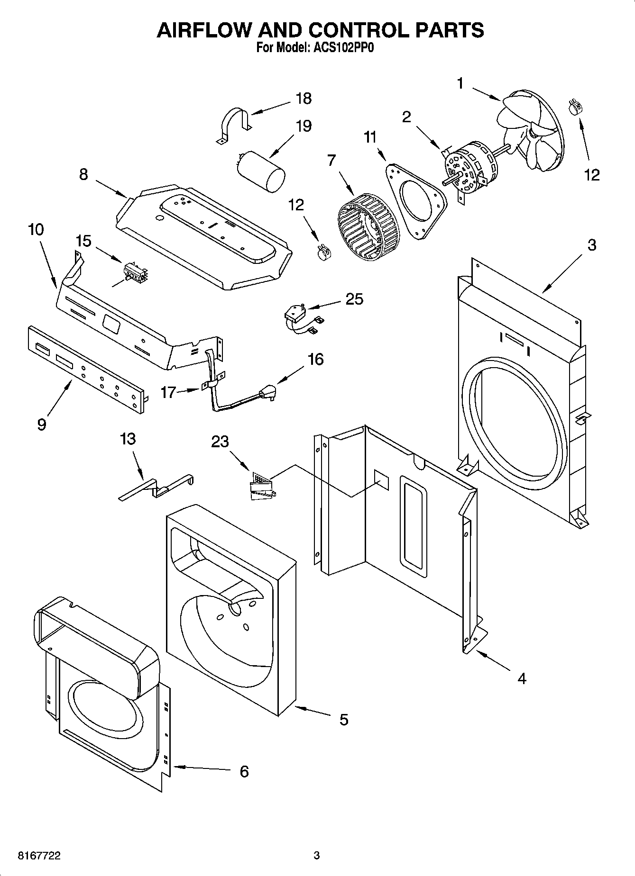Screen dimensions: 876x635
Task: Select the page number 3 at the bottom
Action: [x=317, y=856]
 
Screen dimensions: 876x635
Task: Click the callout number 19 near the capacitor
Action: [x=304, y=126]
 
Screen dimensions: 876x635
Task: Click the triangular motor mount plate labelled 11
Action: [x=417, y=199]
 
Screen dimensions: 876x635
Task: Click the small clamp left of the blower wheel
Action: [x=323, y=251]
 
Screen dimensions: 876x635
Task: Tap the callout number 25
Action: [x=354, y=299]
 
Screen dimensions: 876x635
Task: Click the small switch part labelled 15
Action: [x=135, y=273]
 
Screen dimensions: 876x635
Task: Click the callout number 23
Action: [x=220, y=441]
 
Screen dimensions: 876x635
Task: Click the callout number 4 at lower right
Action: [x=522, y=678]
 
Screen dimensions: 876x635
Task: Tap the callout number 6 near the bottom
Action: [x=244, y=771]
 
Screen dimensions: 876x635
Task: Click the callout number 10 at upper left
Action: [x=36, y=229]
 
